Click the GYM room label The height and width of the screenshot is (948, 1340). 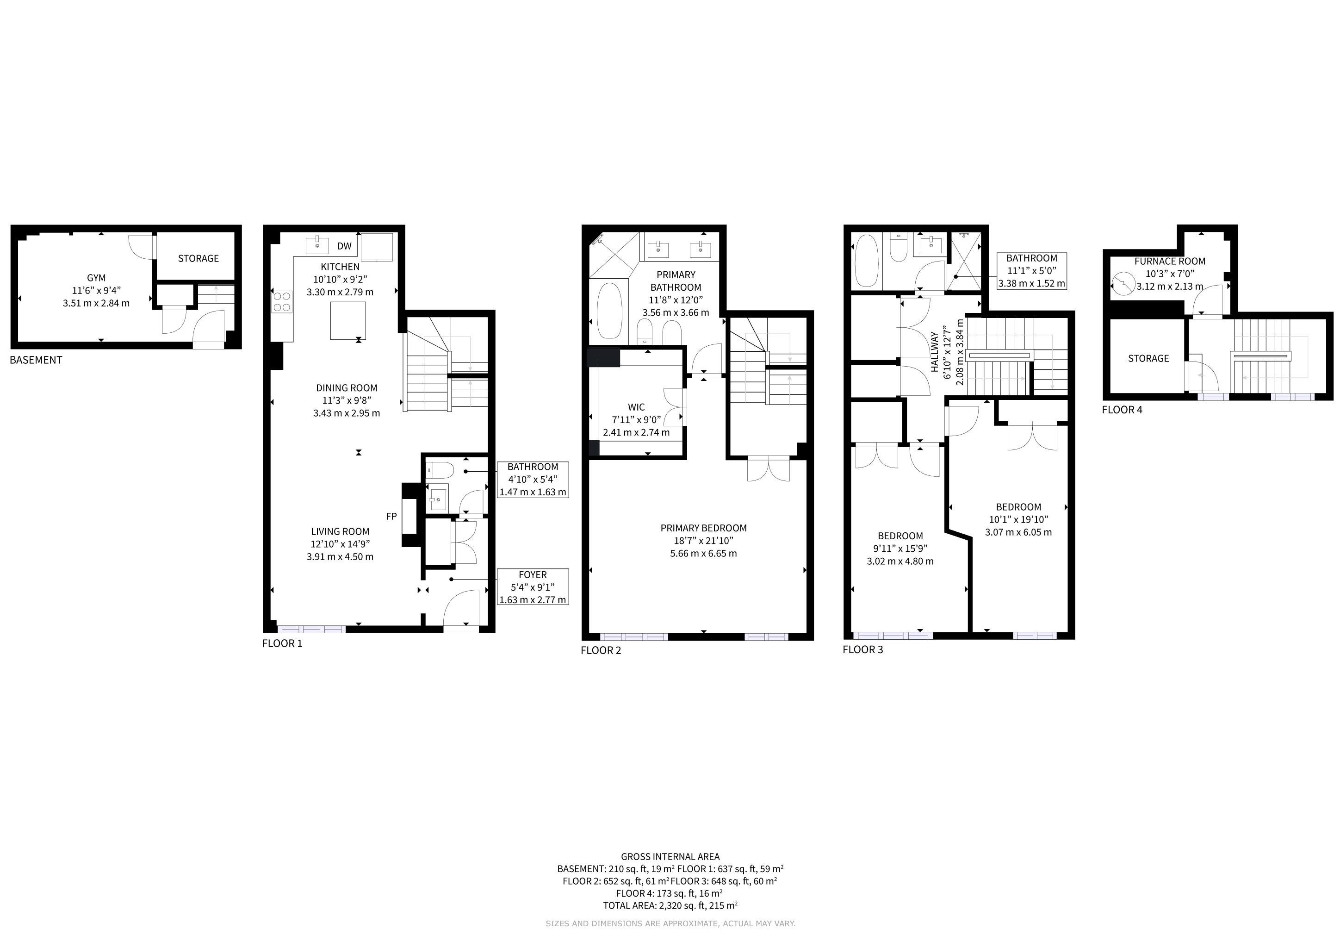coord(96,278)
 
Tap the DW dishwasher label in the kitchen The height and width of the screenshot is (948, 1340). coord(344,246)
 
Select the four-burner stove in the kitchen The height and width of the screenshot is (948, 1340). coord(282,302)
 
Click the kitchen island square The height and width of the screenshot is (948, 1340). coord(348,320)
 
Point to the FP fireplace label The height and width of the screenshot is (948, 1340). coord(391,516)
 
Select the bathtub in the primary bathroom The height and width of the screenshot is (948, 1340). coord(610,311)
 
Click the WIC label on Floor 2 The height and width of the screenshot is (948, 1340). coord(636,407)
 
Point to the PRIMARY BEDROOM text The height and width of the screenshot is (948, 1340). coord(703,528)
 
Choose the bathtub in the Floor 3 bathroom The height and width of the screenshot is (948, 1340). coord(866,260)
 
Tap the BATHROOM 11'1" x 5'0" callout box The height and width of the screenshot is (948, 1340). coord(1032,271)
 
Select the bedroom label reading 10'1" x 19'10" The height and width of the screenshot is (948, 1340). coord(1018,519)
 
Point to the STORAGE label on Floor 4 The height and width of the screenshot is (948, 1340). coord(1148,358)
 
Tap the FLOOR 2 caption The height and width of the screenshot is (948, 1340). coord(601,650)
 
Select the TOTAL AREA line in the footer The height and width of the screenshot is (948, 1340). coord(670,905)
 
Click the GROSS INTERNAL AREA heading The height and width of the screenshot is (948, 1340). coord(670,857)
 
